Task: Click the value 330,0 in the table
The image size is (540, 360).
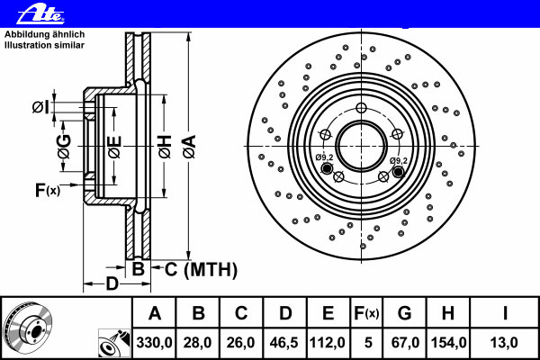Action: (155, 342)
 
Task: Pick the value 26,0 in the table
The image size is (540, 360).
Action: (241, 342)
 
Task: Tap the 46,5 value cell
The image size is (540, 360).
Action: (284, 342)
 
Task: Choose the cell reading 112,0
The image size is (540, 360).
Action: (328, 342)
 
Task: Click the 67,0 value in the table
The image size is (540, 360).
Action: (404, 342)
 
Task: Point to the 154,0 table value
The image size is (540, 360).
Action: (448, 342)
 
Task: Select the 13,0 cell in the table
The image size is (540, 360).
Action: (505, 342)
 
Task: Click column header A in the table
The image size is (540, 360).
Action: (155, 313)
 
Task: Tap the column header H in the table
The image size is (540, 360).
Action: (448, 313)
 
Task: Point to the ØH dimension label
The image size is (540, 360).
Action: (164, 147)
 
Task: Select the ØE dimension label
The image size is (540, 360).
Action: (113, 147)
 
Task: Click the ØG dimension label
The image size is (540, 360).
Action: (64, 147)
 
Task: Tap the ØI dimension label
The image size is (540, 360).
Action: (40, 108)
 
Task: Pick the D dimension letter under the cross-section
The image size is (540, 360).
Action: (112, 285)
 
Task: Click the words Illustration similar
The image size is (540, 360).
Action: (44, 45)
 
